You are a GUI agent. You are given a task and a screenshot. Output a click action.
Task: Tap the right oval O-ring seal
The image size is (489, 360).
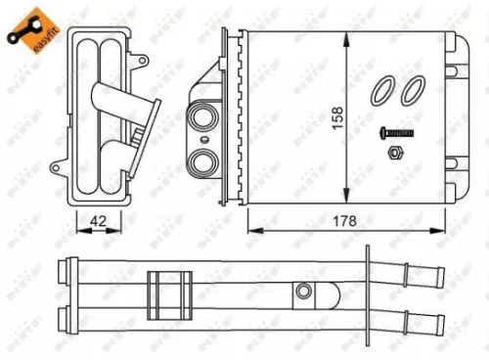(x=415, y=89)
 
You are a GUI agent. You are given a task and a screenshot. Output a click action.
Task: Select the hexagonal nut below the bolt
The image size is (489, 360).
(x=395, y=153)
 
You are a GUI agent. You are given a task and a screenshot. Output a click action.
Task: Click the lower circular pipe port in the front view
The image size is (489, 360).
(x=206, y=159)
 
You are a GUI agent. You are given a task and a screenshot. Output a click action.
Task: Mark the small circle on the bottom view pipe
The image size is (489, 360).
(x=305, y=291)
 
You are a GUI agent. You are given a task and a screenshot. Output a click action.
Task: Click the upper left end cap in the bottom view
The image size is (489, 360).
(x=66, y=268)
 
